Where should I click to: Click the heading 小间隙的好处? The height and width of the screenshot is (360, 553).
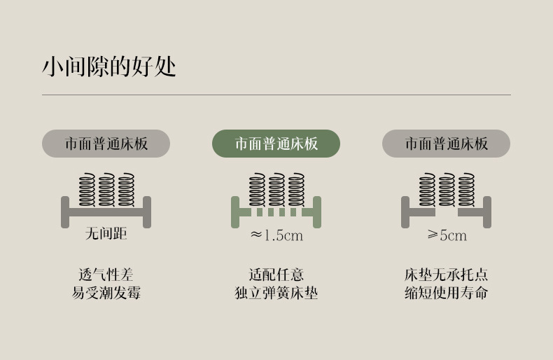coord(108,67)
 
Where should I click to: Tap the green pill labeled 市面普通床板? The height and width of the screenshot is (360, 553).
coord(276,144)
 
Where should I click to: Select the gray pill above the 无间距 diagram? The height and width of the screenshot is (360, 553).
coord(106,144)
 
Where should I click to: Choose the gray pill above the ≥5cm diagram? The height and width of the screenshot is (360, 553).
coord(446,144)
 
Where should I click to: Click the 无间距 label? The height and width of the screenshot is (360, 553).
coord(106,234)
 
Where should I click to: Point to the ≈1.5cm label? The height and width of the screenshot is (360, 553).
coord(276,235)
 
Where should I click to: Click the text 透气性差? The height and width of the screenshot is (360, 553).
coord(106,275)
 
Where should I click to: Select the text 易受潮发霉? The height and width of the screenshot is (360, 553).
coord(106,293)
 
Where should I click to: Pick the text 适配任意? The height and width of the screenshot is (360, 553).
coord(276,275)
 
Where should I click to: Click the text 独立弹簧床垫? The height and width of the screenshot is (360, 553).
coord(276,293)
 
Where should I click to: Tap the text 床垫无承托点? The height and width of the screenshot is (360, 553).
coord(446,275)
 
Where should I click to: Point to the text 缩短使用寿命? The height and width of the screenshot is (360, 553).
coord(446,293)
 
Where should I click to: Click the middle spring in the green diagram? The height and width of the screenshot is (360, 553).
coord(276,189)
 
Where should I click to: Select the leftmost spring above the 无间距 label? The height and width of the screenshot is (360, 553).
coord(87,189)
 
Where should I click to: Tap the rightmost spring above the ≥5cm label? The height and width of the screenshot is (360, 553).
coord(466,189)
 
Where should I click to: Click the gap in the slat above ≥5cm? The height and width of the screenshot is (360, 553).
coord(447,212)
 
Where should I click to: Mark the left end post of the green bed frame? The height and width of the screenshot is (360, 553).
coord(235,212)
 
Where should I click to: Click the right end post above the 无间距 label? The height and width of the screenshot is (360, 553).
coord(147,212)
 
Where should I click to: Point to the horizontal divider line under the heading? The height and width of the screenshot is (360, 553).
coord(276,95)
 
